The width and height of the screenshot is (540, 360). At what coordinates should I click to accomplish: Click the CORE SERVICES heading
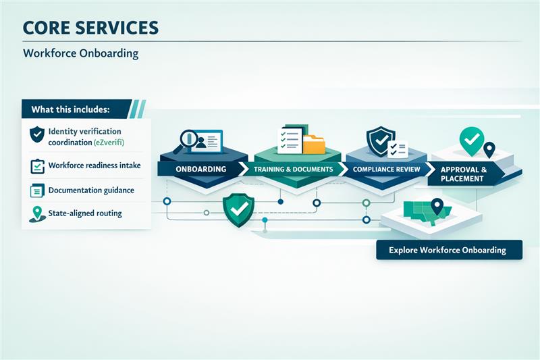point(90,28)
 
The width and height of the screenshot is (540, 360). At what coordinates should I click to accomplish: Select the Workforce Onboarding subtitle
point(80,53)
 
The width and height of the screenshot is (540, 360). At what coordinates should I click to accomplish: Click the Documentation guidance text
point(90,190)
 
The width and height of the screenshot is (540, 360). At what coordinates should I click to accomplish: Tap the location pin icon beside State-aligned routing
point(36,214)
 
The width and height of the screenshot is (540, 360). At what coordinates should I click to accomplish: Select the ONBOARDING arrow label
point(200,168)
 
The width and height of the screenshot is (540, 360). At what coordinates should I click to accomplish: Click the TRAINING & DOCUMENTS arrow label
point(293,168)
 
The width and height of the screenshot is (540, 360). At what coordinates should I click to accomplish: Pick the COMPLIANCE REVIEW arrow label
point(386,168)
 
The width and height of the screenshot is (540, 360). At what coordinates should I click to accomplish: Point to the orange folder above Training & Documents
point(314,144)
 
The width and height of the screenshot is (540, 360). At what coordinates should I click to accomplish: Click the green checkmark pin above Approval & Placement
point(471,139)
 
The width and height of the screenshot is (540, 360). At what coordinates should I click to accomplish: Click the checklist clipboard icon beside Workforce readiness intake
point(36,166)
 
